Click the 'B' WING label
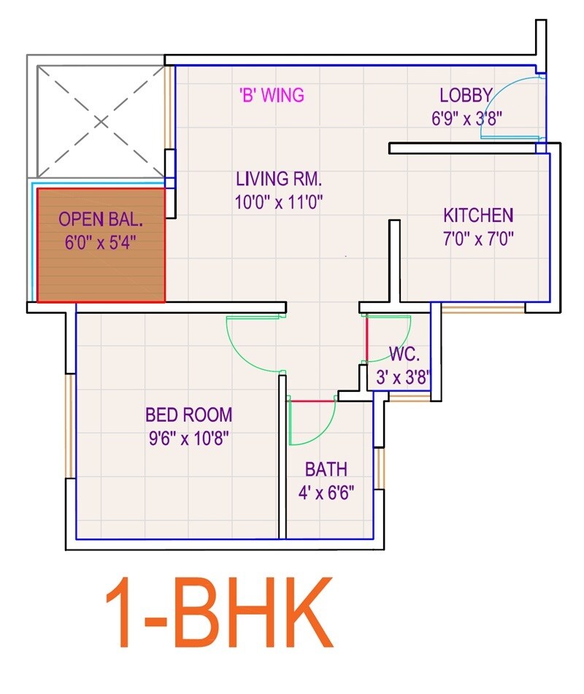click(272, 95)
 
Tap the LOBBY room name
click(466, 95)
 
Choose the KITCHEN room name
click(478, 215)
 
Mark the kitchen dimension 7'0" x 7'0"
click(478, 239)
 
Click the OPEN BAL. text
click(100, 219)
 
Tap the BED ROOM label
click(188, 415)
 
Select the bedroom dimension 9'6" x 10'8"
click(188, 439)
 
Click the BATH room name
click(326, 469)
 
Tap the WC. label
click(404, 355)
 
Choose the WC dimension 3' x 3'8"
click(401, 378)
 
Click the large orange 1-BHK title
click(219, 613)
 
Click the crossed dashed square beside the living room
click(100, 121)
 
